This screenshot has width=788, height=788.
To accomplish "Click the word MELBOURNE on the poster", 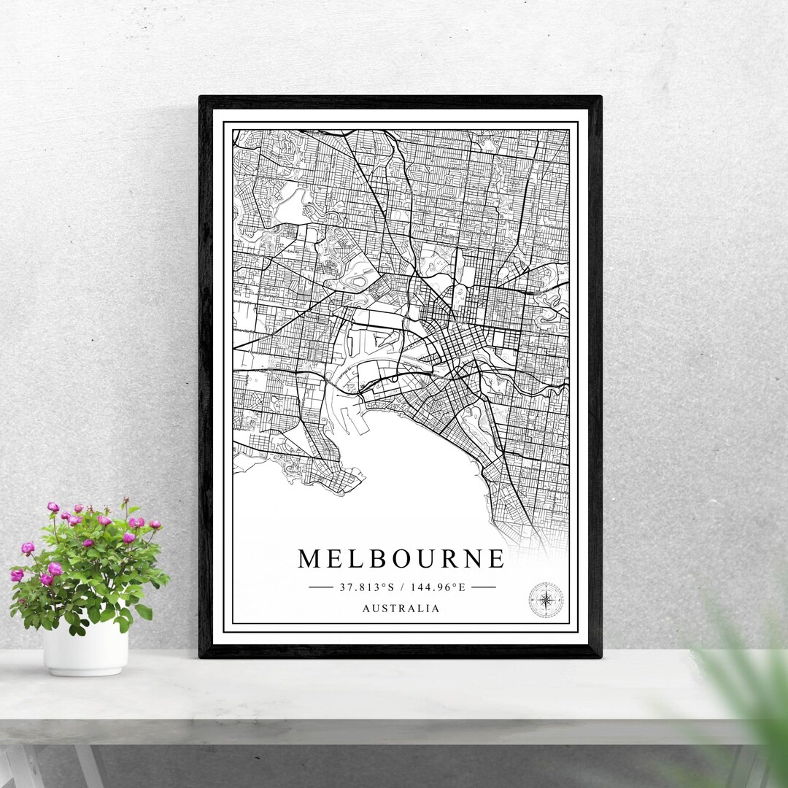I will coord(401,559).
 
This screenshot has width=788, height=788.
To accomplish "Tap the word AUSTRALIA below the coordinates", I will coord(401,608).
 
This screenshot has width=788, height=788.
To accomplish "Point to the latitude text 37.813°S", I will coord(366,587).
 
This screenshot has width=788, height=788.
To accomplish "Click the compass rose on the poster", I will coord(546,600).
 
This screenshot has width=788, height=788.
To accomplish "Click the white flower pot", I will coord(85,647).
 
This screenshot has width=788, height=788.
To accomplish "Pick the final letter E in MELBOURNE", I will coord(496,559).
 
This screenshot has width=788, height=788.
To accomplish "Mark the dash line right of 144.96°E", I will coord(483,587).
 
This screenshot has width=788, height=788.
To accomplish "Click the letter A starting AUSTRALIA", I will coord(365,608).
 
